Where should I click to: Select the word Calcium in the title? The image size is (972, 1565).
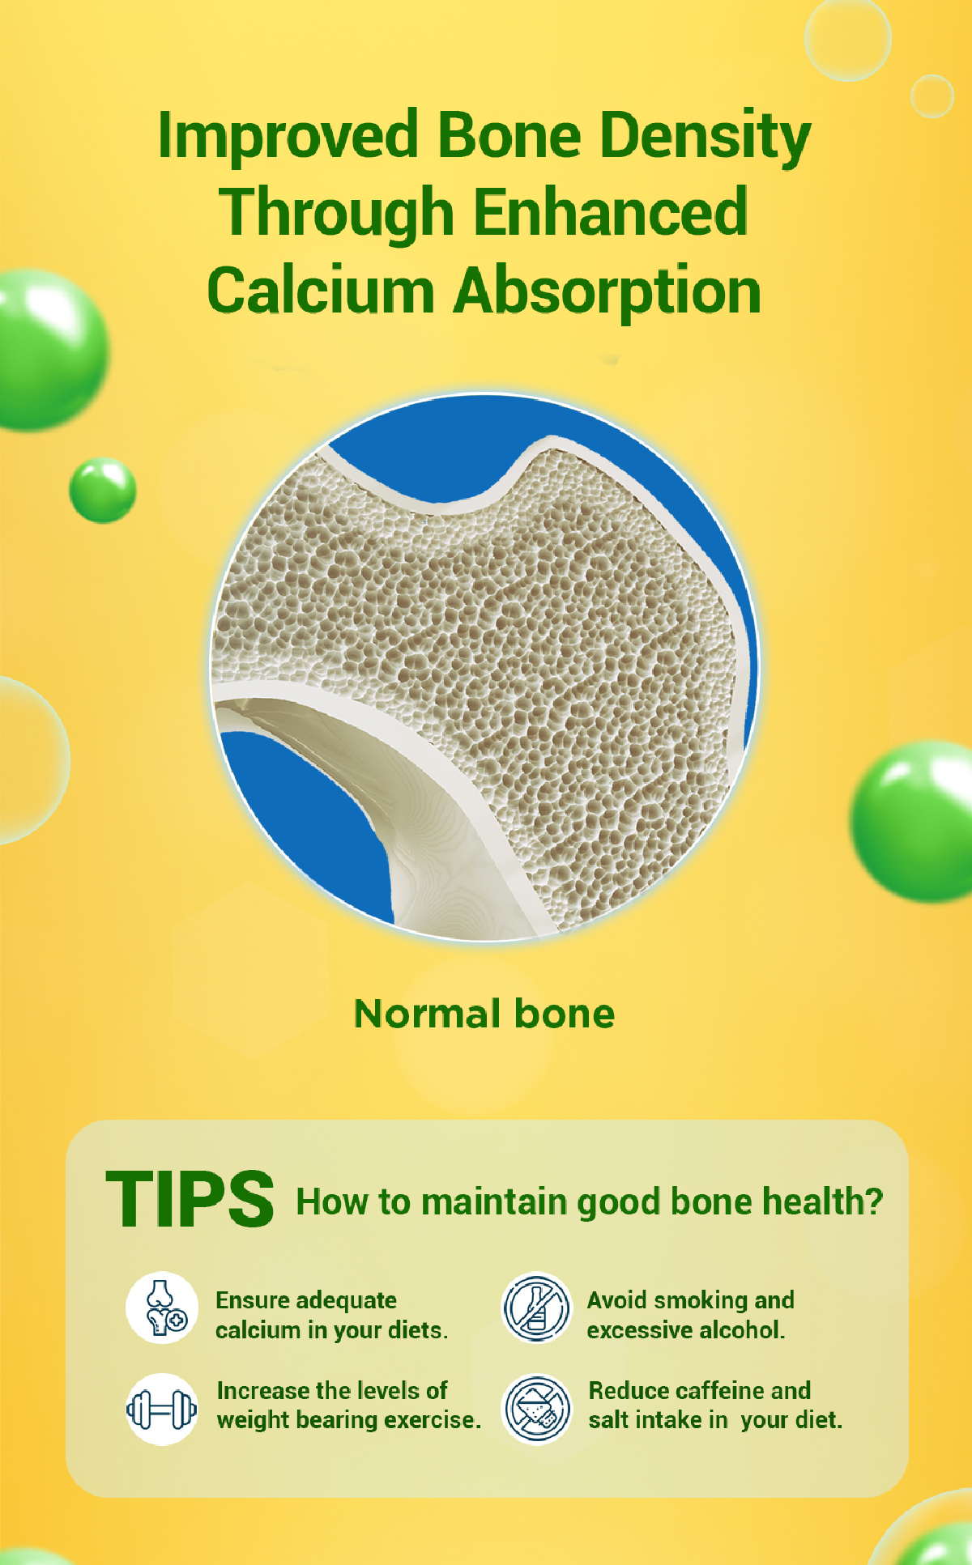(x=321, y=291)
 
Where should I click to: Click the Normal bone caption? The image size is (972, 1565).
(x=484, y=1014)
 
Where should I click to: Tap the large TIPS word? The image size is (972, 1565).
(x=190, y=1199)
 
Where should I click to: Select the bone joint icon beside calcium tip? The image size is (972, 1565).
(x=162, y=1308)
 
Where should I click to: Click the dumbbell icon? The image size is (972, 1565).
(x=162, y=1410)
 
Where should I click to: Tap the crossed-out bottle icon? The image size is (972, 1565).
(x=536, y=1308)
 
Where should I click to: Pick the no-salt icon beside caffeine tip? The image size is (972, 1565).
(x=536, y=1410)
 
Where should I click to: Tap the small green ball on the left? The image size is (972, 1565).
(x=103, y=491)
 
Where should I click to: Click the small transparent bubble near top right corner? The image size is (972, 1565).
(x=932, y=96)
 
